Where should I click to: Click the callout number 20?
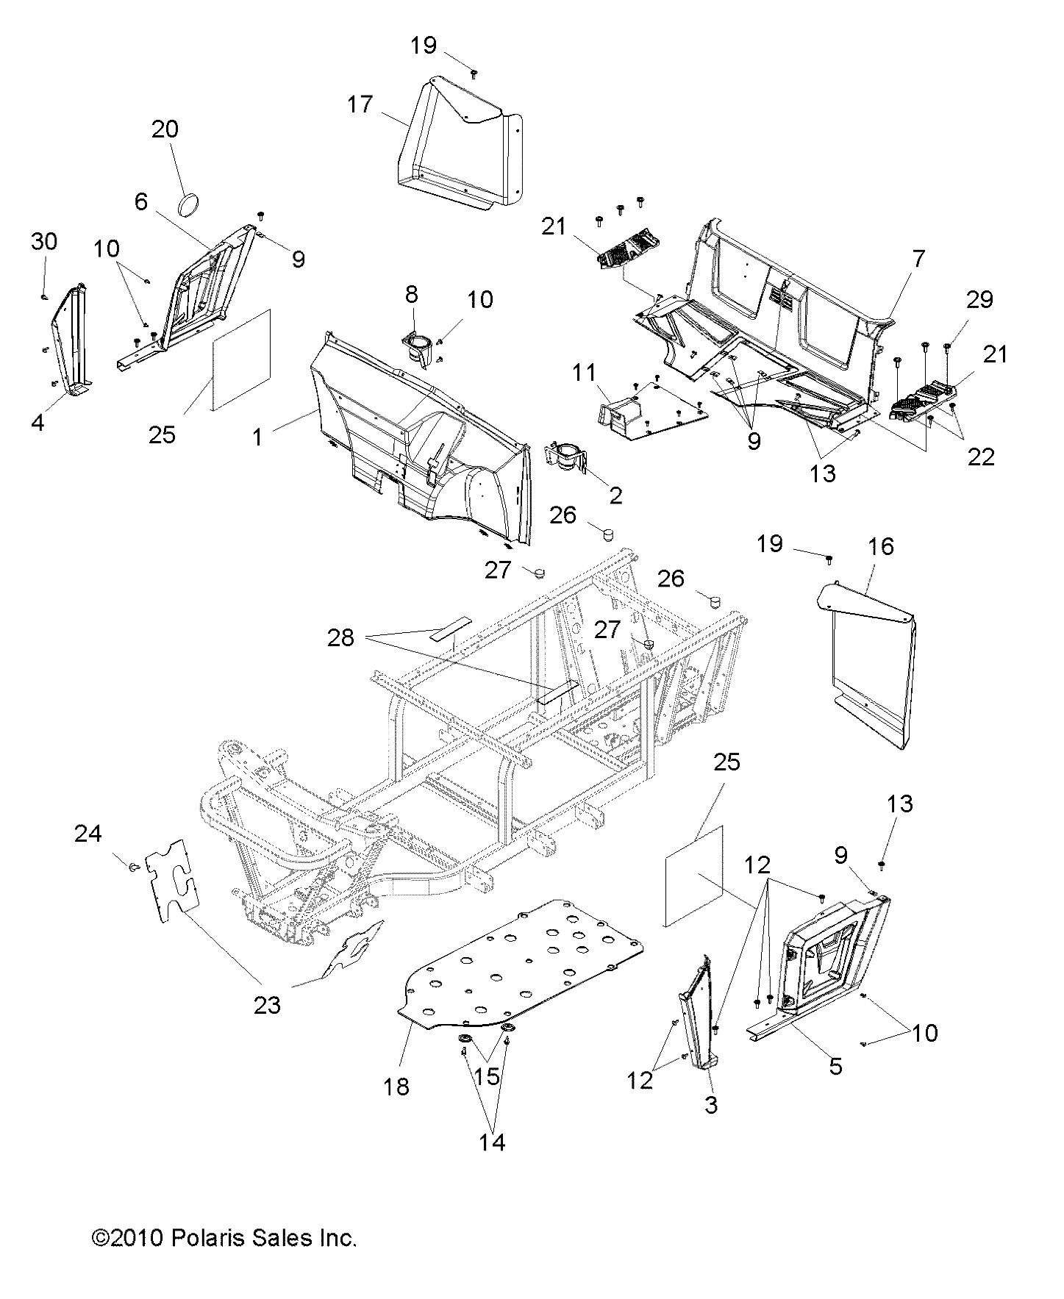pyautogui.click(x=165, y=129)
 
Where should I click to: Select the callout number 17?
pyautogui.click(x=360, y=105)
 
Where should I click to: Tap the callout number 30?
pyautogui.click(x=44, y=241)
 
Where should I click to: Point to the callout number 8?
pyautogui.click(x=411, y=295)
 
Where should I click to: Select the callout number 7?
pyautogui.click(x=918, y=259)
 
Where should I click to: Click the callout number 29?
pyautogui.click(x=980, y=299)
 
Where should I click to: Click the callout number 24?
pyautogui.click(x=88, y=834)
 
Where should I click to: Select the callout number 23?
pyautogui.click(x=267, y=1004)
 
